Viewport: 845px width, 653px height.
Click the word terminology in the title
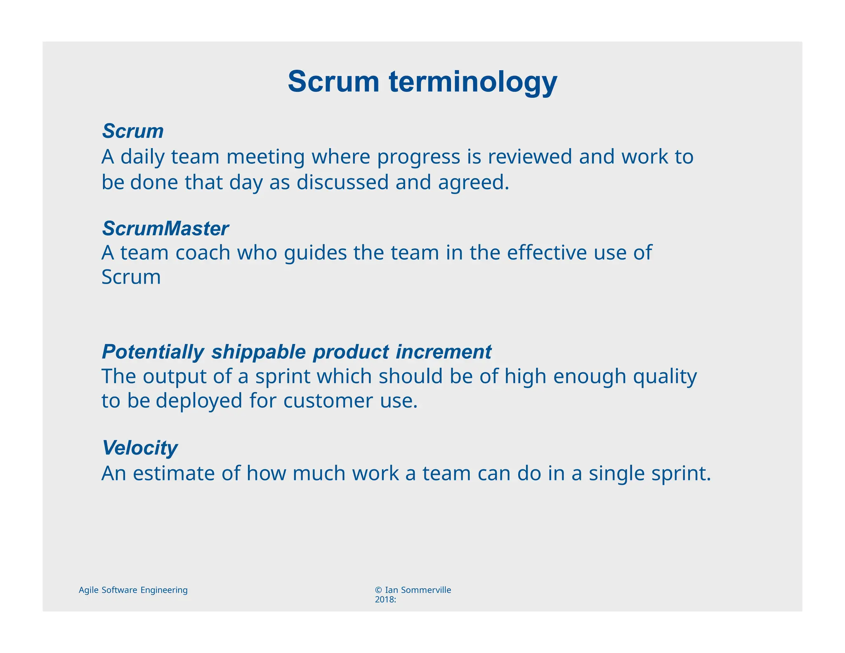[473, 82]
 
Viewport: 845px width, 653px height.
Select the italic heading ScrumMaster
[165, 229]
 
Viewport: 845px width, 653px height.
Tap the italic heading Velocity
[139, 448]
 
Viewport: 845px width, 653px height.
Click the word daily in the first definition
[142, 157]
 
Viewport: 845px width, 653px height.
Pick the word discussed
[342, 182]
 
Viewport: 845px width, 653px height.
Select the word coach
[203, 253]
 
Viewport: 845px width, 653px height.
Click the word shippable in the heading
[258, 353]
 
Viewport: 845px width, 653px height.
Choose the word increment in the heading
[444, 352]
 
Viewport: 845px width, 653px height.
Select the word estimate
[174, 473]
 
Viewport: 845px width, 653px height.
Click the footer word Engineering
[164, 590]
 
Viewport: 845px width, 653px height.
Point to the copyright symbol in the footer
[378, 590]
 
